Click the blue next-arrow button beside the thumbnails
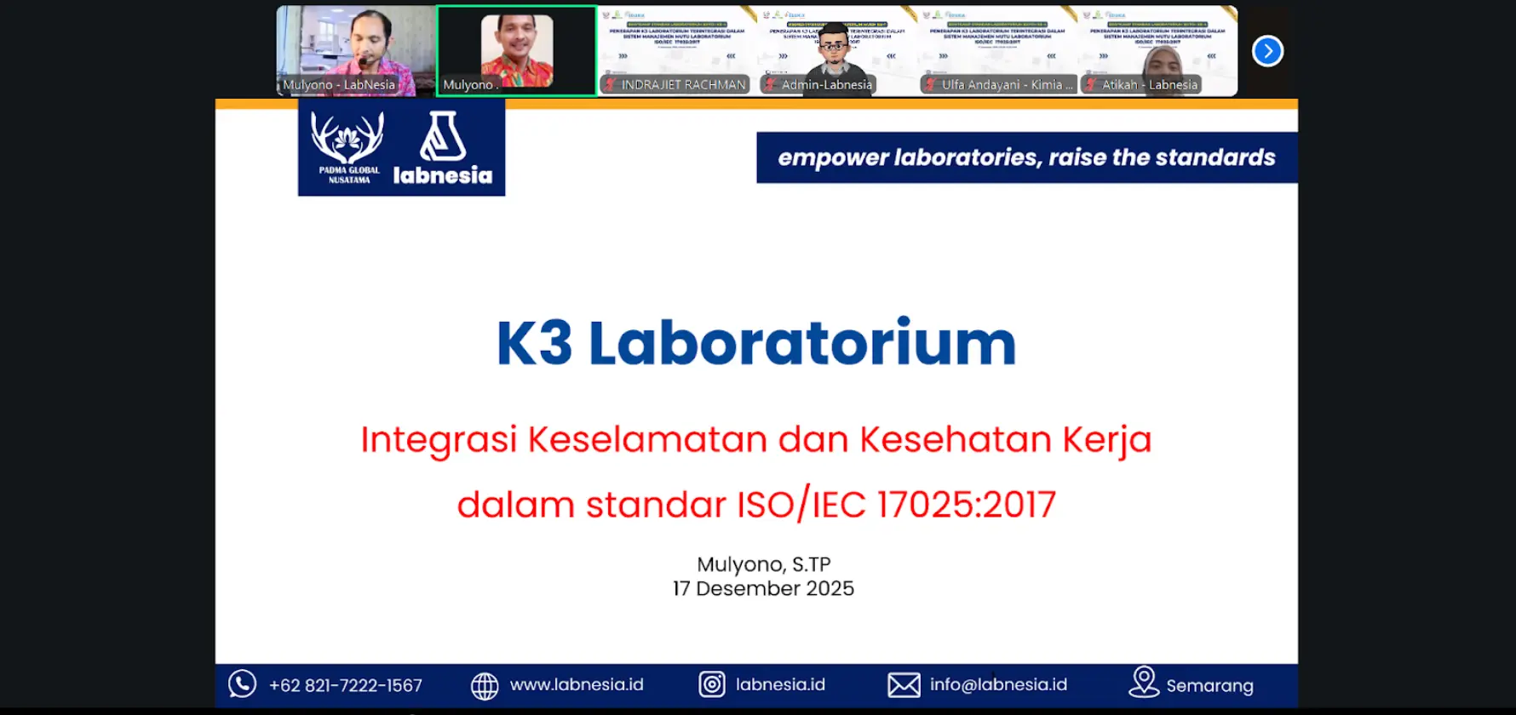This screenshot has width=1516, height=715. [x=1267, y=51]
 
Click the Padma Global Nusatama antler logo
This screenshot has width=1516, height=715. [x=347, y=138]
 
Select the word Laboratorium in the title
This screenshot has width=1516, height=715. [x=801, y=343]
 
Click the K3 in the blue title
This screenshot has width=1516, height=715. [x=534, y=343]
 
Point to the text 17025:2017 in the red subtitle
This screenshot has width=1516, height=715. [x=966, y=505]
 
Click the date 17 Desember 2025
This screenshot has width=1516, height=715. [x=763, y=588]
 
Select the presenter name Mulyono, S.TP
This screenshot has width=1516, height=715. [x=763, y=564]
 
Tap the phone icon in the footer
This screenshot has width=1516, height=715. [x=242, y=684]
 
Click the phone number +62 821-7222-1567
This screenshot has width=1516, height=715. [x=346, y=685]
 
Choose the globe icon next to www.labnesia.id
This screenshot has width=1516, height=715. [x=485, y=685]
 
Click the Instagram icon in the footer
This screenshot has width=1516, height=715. [x=712, y=684]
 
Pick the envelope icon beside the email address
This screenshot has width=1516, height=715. [x=904, y=684]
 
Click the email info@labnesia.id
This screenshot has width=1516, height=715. [x=998, y=684]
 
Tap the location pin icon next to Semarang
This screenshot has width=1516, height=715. [x=1144, y=682]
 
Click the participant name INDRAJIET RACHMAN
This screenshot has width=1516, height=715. [x=683, y=84]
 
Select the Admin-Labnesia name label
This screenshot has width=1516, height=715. [x=826, y=84]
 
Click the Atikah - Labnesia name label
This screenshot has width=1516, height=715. [x=1149, y=84]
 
